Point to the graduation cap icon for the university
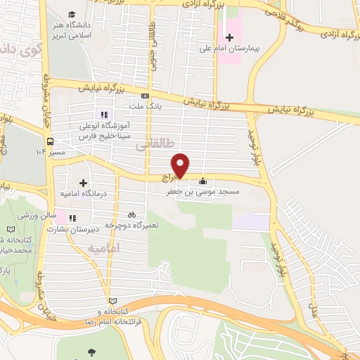tap(72, 13)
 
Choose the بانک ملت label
tap(146, 107)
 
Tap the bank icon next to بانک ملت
tap(146, 96)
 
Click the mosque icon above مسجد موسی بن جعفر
tap(202, 181)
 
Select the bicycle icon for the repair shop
tap(131, 214)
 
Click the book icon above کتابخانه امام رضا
tap(110, 301)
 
